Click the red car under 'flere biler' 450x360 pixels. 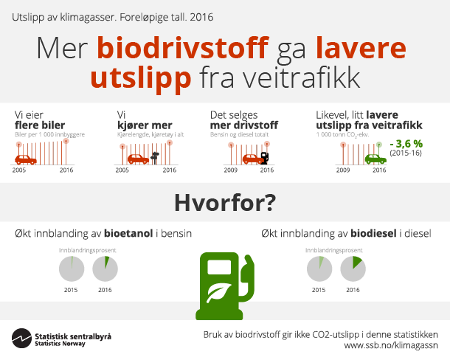[x=26, y=159]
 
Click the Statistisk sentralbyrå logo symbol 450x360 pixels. [x=21, y=339]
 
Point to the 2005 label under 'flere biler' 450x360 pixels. [x=20, y=170]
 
